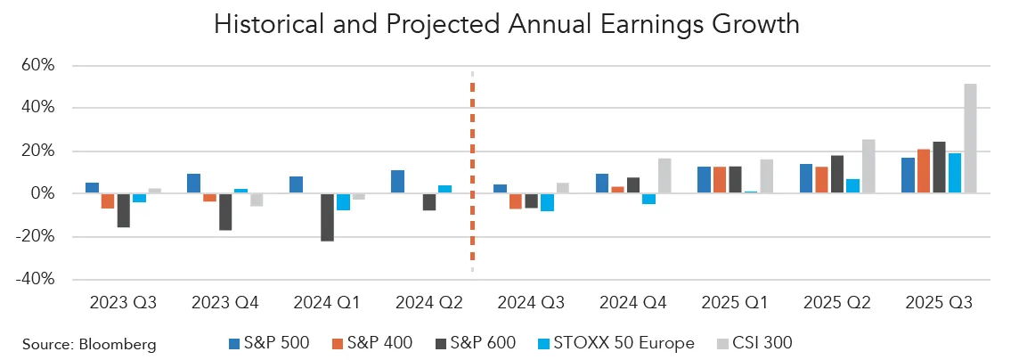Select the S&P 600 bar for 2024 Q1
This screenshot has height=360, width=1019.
click(327, 217)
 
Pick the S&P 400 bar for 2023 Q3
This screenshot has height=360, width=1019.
click(108, 200)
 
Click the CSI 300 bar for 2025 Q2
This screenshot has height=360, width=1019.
click(868, 167)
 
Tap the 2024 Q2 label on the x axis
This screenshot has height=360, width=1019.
click(429, 303)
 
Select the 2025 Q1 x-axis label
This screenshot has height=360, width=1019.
click(736, 303)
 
